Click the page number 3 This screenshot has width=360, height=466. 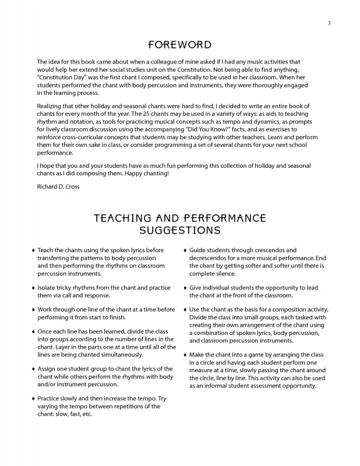pos(329,23)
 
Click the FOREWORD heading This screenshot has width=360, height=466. pos(179,45)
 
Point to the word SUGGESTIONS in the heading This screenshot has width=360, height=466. pos(179,230)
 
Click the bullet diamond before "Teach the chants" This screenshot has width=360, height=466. pos(33,250)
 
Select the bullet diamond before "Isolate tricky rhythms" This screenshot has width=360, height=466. pos(33,288)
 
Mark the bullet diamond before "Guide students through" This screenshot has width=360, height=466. pos(185,250)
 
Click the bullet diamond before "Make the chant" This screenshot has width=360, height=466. pos(185,355)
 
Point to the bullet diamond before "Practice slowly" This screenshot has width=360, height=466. pos(33,399)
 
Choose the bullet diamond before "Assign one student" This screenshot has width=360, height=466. pos(33,369)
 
